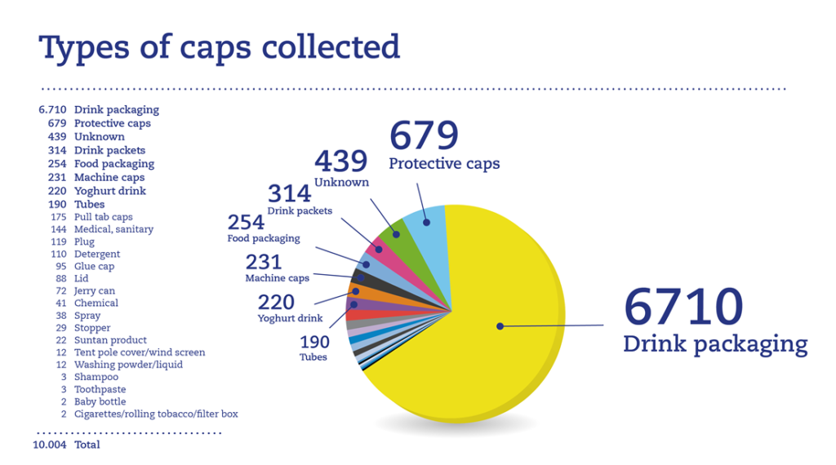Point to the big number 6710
click(683, 307)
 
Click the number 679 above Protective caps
click(424, 135)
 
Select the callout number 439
click(340, 161)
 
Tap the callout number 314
click(290, 193)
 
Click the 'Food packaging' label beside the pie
click(263, 239)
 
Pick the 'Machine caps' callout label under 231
click(277, 278)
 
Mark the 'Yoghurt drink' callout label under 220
click(290, 318)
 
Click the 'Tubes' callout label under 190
click(313, 356)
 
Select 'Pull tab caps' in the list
click(103, 217)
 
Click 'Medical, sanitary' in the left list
click(113, 229)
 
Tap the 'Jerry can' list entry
click(94, 290)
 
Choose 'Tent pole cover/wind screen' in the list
click(140, 352)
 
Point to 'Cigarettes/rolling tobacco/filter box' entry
click(156, 414)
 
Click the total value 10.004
click(50, 445)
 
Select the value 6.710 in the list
click(53, 109)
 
